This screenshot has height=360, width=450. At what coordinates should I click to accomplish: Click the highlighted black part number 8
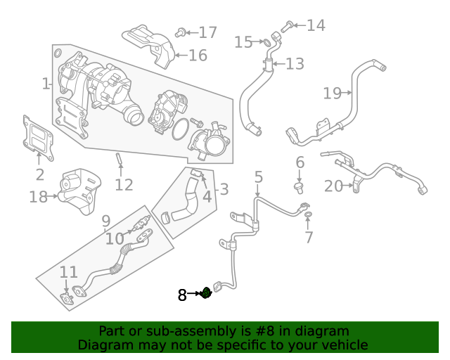[182, 295]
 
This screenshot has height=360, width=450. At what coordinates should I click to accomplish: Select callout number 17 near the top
[207, 32]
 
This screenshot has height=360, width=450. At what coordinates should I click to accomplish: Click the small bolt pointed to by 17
[181, 32]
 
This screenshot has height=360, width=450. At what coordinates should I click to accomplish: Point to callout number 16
[198, 55]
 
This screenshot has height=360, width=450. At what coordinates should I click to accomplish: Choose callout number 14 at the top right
[316, 26]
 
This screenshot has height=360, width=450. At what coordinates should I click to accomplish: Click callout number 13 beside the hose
[295, 64]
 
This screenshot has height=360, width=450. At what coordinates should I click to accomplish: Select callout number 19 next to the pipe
[332, 93]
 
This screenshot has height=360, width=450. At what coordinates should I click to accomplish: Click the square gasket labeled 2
[37, 134]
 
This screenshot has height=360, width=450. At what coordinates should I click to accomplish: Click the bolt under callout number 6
[299, 187]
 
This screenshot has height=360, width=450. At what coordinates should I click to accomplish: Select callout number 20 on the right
[333, 186]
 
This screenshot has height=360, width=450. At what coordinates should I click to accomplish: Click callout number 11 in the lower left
[68, 272]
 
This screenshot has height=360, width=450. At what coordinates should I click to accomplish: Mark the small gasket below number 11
[66, 299]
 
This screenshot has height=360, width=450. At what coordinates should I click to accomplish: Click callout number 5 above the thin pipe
[259, 177]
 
